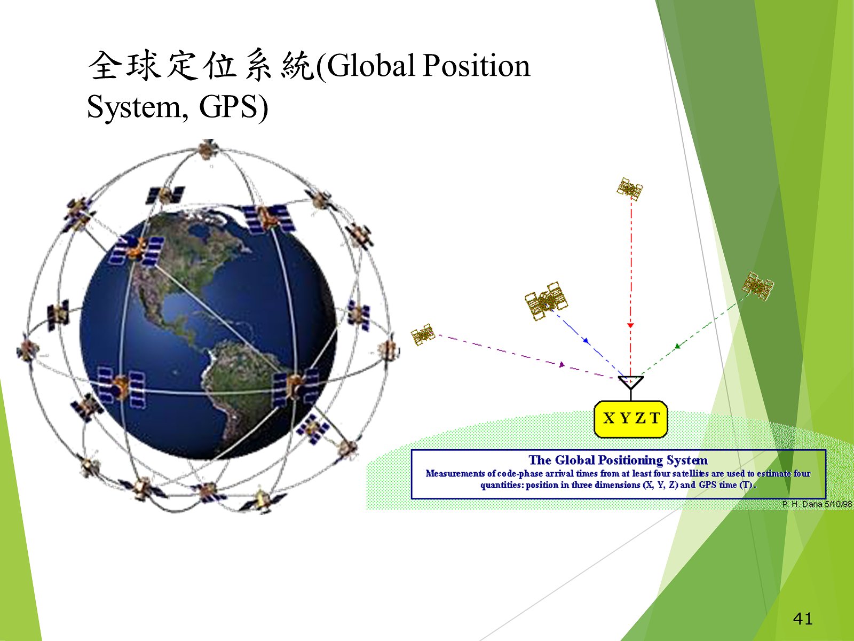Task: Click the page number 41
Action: [803, 619]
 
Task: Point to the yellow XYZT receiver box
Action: [631, 419]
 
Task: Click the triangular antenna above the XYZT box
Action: [631, 382]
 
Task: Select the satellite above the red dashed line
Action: [629, 189]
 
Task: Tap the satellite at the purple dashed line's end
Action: [423, 334]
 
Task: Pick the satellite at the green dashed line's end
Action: [757, 286]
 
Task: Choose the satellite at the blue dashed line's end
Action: [546, 301]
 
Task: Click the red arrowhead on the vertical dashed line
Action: [631, 325]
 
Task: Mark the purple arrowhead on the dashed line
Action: [562, 365]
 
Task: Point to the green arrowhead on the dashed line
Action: [677, 346]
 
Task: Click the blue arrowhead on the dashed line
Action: [586, 341]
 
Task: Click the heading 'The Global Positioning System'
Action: [618, 460]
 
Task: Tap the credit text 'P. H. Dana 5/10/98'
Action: [817, 504]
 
